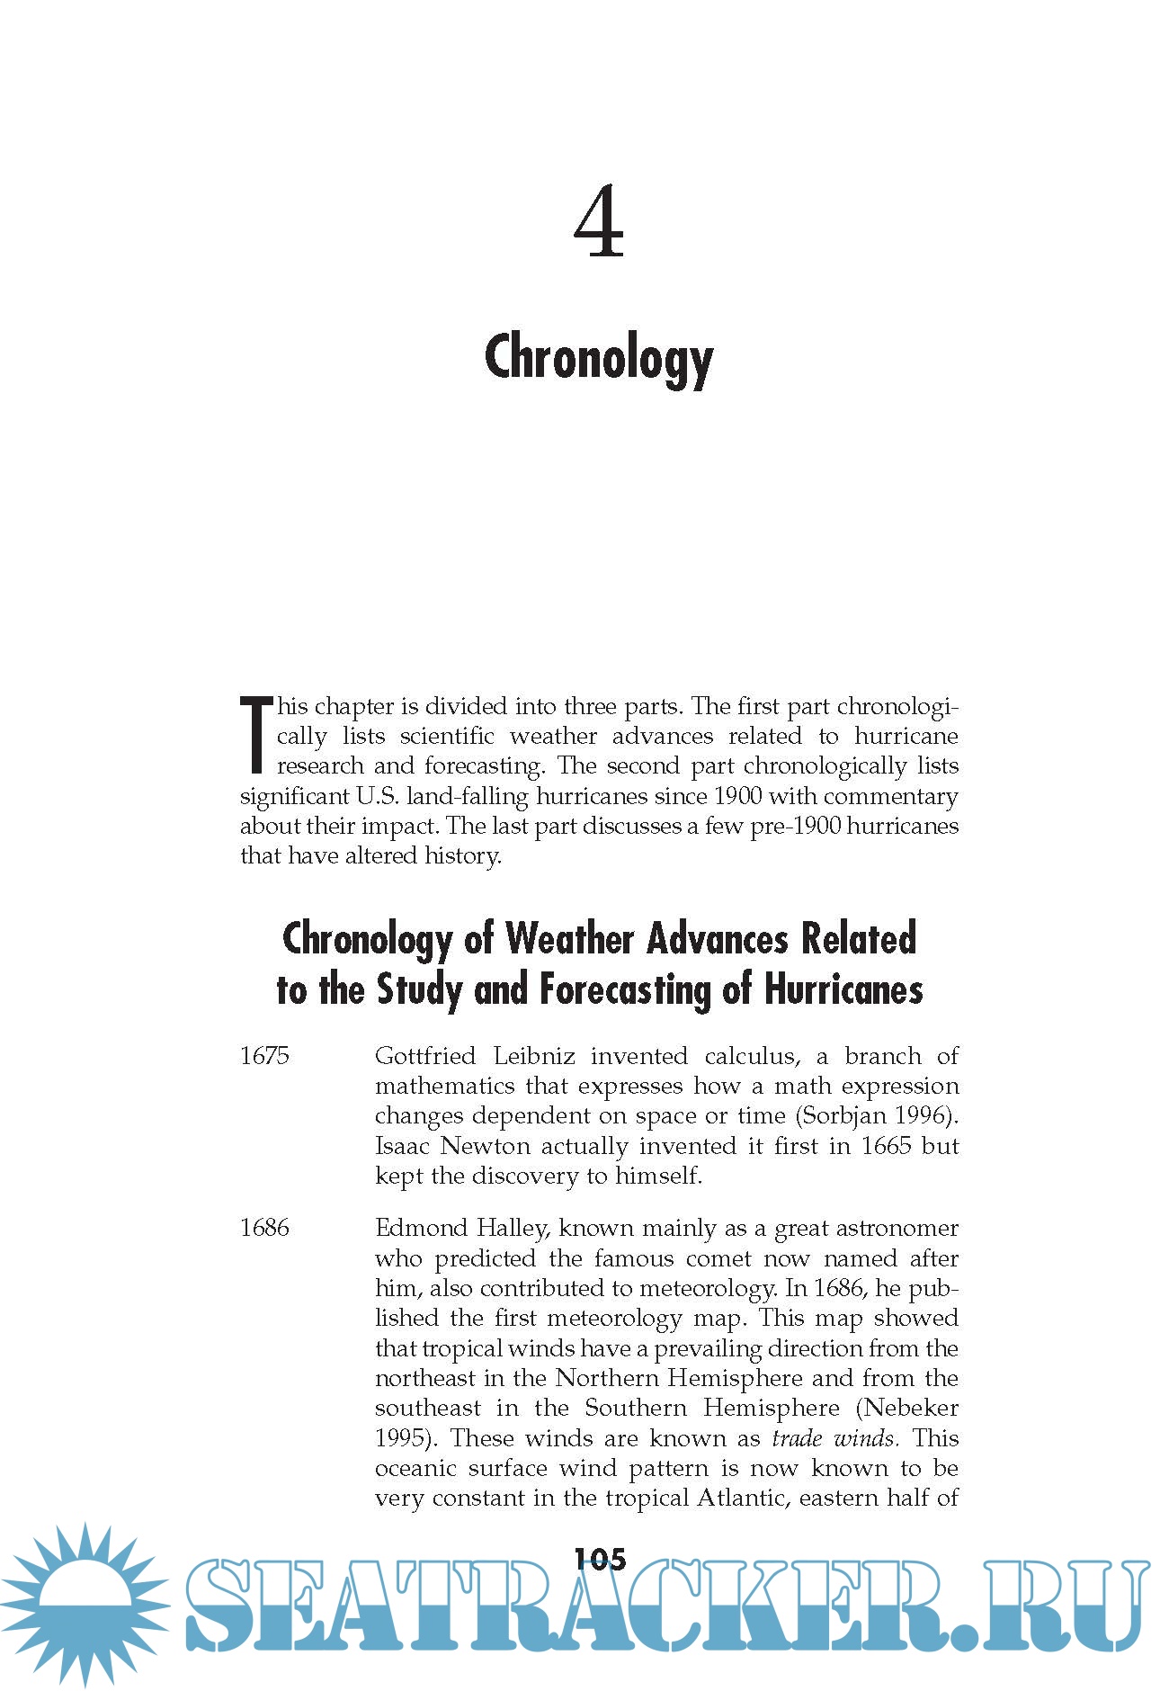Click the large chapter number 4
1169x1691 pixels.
pos(598,222)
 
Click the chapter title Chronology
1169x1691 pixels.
pos(599,358)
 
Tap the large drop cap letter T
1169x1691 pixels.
pos(255,735)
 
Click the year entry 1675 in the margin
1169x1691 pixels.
pos(264,1056)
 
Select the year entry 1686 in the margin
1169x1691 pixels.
pos(264,1228)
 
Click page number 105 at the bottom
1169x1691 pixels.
pos(600,1558)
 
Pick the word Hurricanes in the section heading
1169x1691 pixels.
pos(843,989)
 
